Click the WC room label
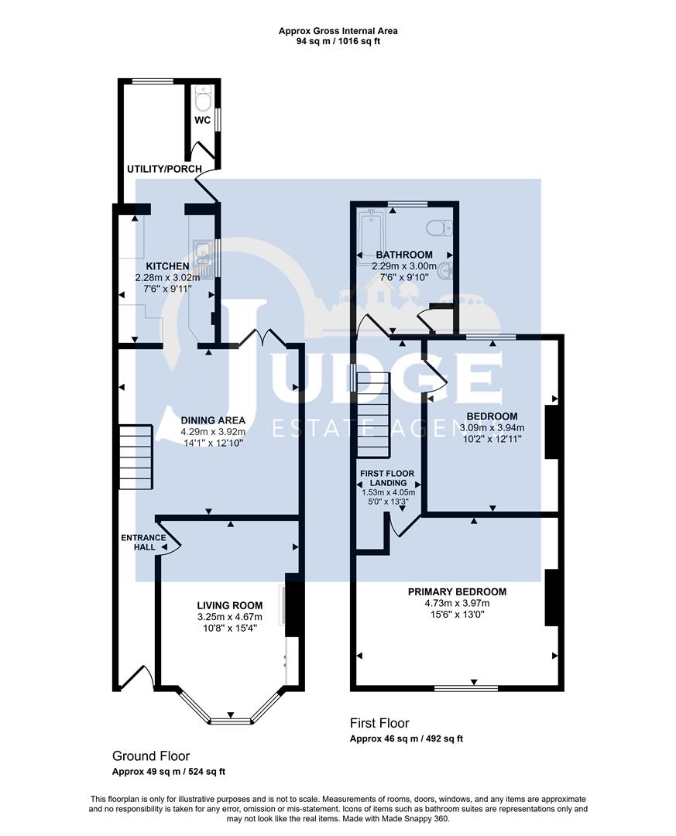point(202,120)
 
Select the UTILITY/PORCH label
point(165,169)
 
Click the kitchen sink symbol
point(203,251)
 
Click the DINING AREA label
point(201,420)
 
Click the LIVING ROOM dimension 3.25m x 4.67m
point(229,617)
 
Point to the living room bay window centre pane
point(231,721)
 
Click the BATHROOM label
point(404,255)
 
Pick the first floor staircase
point(372,414)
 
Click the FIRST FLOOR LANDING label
point(386,478)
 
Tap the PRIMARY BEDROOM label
point(457,591)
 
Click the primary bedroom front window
point(465,687)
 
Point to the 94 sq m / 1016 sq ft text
point(338,41)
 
